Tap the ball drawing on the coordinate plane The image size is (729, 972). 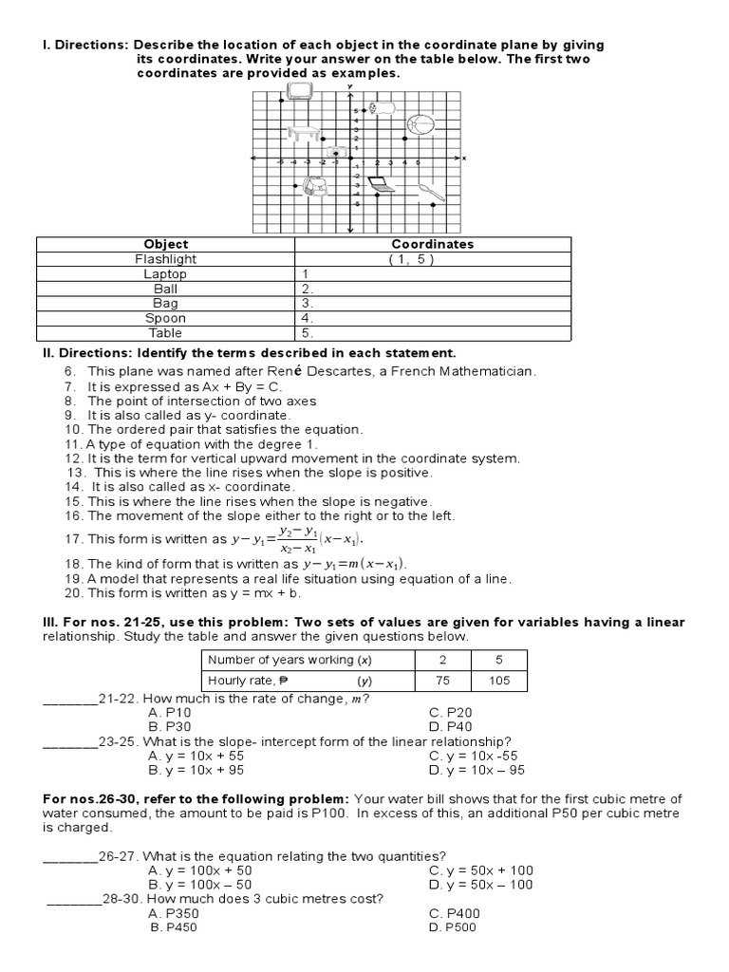(420, 124)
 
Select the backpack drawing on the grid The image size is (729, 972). (314, 187)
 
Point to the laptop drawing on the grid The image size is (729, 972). (381, 184)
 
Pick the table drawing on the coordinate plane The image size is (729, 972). (303, 134)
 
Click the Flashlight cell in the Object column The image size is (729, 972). (166, 259)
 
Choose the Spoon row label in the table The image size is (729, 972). (166, 318)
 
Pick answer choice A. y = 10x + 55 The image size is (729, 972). (189, 756)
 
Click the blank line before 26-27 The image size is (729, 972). (71, 856)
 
